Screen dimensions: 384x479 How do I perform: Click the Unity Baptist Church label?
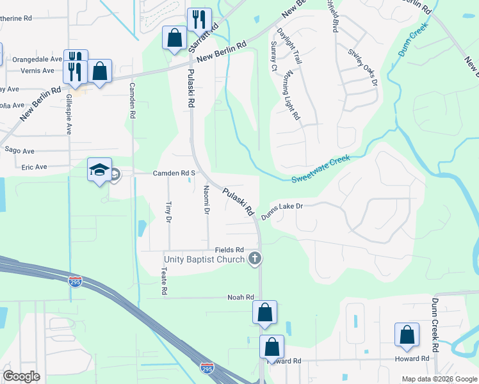click(x=204, y=259)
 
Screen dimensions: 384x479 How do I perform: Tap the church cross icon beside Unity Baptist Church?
click(x=255, y=259)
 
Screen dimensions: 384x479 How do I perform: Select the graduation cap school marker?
click(x=99, y=170)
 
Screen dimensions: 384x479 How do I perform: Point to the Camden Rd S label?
click(x=173, y=173)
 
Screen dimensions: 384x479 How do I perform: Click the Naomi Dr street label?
click(x=207, y=200)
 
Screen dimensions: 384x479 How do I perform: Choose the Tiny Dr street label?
click(x=168, y=212)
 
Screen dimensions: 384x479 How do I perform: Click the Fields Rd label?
click(x=230, y=250)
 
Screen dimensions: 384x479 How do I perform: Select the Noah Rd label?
click(x=241, y=298)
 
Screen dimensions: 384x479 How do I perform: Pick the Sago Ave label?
click(x=19, y=150)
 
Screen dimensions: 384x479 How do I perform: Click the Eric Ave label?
click(x=34, y=167)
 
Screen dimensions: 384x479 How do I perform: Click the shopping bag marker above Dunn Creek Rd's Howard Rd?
click(x=407, y=335)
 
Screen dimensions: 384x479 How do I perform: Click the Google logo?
click(x=21, y=376)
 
